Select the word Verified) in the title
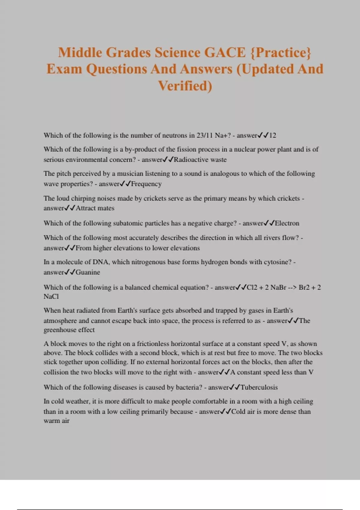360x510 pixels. (185, 86)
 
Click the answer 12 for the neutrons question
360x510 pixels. (272, 135)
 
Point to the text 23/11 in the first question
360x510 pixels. (205, 135)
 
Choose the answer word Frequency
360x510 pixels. (146, 184)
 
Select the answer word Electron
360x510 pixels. (287, 223)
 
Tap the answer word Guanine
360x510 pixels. (88, 272)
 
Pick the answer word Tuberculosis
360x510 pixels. (259, 387)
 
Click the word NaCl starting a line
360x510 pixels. (51, 296)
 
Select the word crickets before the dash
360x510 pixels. (288, 198)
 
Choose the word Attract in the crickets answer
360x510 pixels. (85, 208)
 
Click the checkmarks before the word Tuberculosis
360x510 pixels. (235, 387)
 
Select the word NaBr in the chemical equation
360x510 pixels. (278, 287)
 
